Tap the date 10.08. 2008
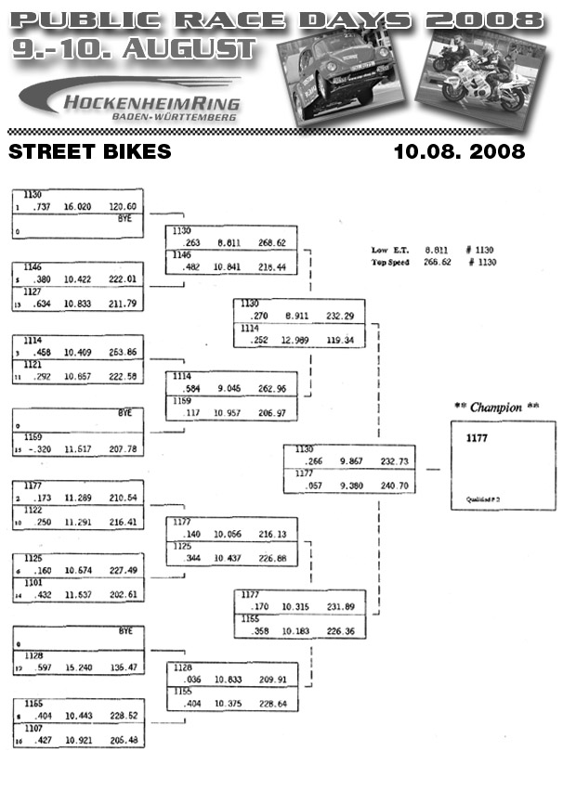(x=459, y=151)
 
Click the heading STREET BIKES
(x=89, y=151)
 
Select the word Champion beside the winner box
(x=495, y=408)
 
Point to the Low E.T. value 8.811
(x=437, y=251)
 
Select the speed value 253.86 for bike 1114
(x=123, y=353)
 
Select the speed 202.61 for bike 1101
(x=123, y=595)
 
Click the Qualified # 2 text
(x=484, y=499)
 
